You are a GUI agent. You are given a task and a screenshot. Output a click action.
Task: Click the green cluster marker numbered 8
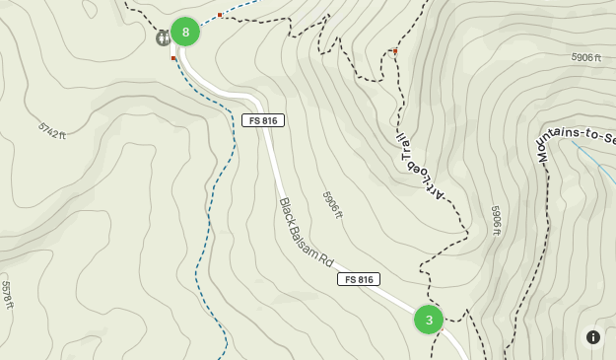tap(185, 32)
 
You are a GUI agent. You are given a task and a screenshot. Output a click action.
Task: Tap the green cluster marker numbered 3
tap(429, 320)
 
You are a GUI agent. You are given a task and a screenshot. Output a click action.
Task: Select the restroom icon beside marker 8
tap(163, 37)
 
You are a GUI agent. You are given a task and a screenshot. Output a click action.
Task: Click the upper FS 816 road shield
tap(263, 120)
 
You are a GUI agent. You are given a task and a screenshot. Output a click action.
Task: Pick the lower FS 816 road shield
tap(358, 279)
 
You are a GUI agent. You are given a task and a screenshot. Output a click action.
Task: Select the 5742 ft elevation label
tap(52, 130)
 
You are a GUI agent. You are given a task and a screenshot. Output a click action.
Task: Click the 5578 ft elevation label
tap(8, 294)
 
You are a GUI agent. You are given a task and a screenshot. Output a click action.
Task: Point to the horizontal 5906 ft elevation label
tap(585, 57)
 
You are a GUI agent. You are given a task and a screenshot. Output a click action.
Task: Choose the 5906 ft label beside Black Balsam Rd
tap(331, 204)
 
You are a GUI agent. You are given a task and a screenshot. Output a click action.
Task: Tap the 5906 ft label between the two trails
tap(497, 220)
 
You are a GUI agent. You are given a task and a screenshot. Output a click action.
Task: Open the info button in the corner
tap(593, 337)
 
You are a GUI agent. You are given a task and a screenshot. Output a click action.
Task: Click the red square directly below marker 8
tap(173, 58)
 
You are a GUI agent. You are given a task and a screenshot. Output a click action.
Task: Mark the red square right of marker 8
tap(220, 15)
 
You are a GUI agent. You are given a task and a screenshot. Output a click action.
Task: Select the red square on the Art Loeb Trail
tap(395, 51)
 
